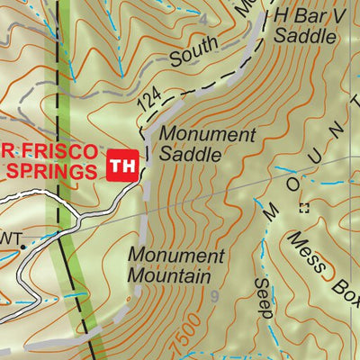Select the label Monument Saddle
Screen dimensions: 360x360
click(x=207, y=144)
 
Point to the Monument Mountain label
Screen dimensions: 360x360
click(x=175, y=265)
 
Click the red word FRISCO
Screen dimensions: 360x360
click(x=56, y=148)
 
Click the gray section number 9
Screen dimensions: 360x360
click(x=214, y=294)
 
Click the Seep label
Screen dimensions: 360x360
click(x=262, y=297)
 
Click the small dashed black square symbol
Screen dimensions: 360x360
click(x=302, y=208)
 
